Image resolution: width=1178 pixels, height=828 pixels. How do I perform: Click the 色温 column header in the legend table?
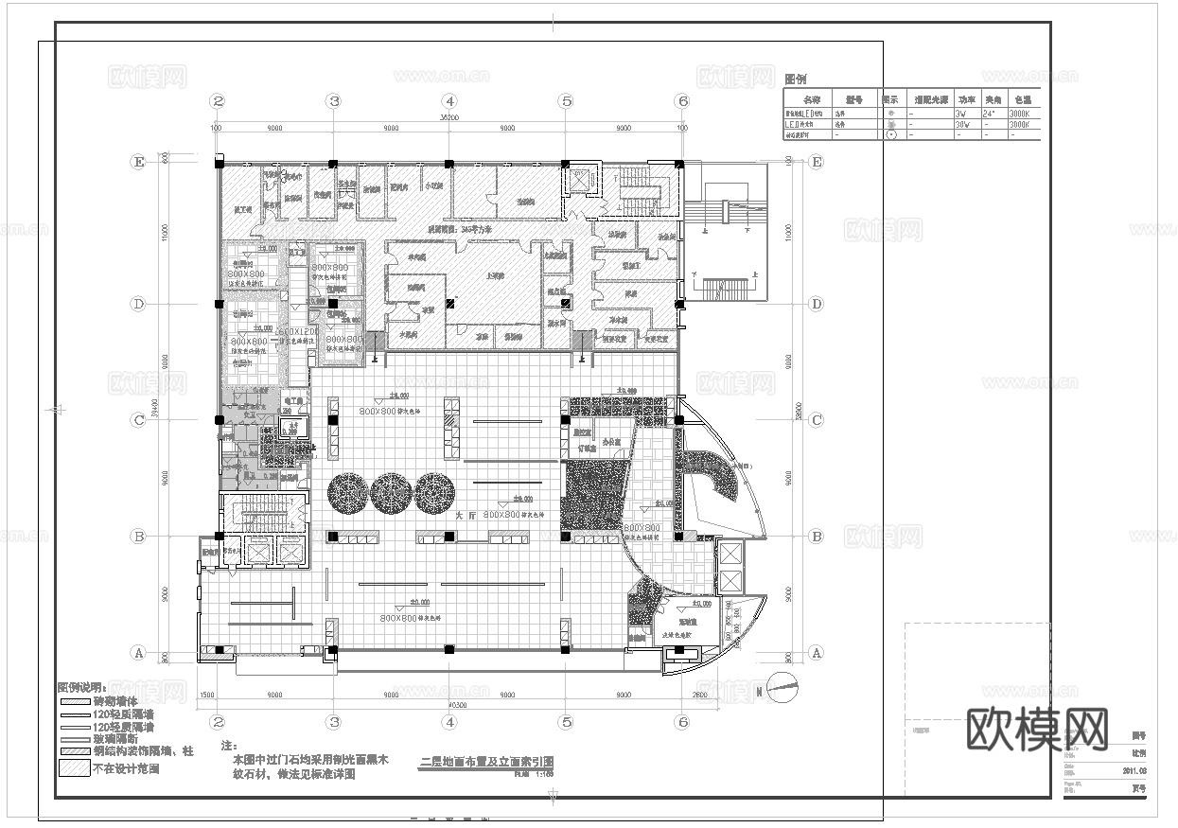[x=1022, y=98]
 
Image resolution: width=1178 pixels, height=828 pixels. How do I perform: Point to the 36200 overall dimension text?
[x=449, y=118]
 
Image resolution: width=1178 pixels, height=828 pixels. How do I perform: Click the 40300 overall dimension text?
[x=449, y=704]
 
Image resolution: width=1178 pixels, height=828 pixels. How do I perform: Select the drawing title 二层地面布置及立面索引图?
[x=485, y=762]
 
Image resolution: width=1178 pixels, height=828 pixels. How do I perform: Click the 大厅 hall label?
[x=464, y=517]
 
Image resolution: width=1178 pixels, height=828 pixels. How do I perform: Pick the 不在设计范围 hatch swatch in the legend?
[x=75, y=769]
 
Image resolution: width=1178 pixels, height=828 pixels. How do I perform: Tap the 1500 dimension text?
[x=205, y=696]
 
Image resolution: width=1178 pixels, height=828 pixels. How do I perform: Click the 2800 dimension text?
[x=697, y=696]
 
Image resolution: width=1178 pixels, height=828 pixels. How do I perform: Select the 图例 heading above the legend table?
[x=797, y=79]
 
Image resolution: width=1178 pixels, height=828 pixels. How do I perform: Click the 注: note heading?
[x=226, y=746]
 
